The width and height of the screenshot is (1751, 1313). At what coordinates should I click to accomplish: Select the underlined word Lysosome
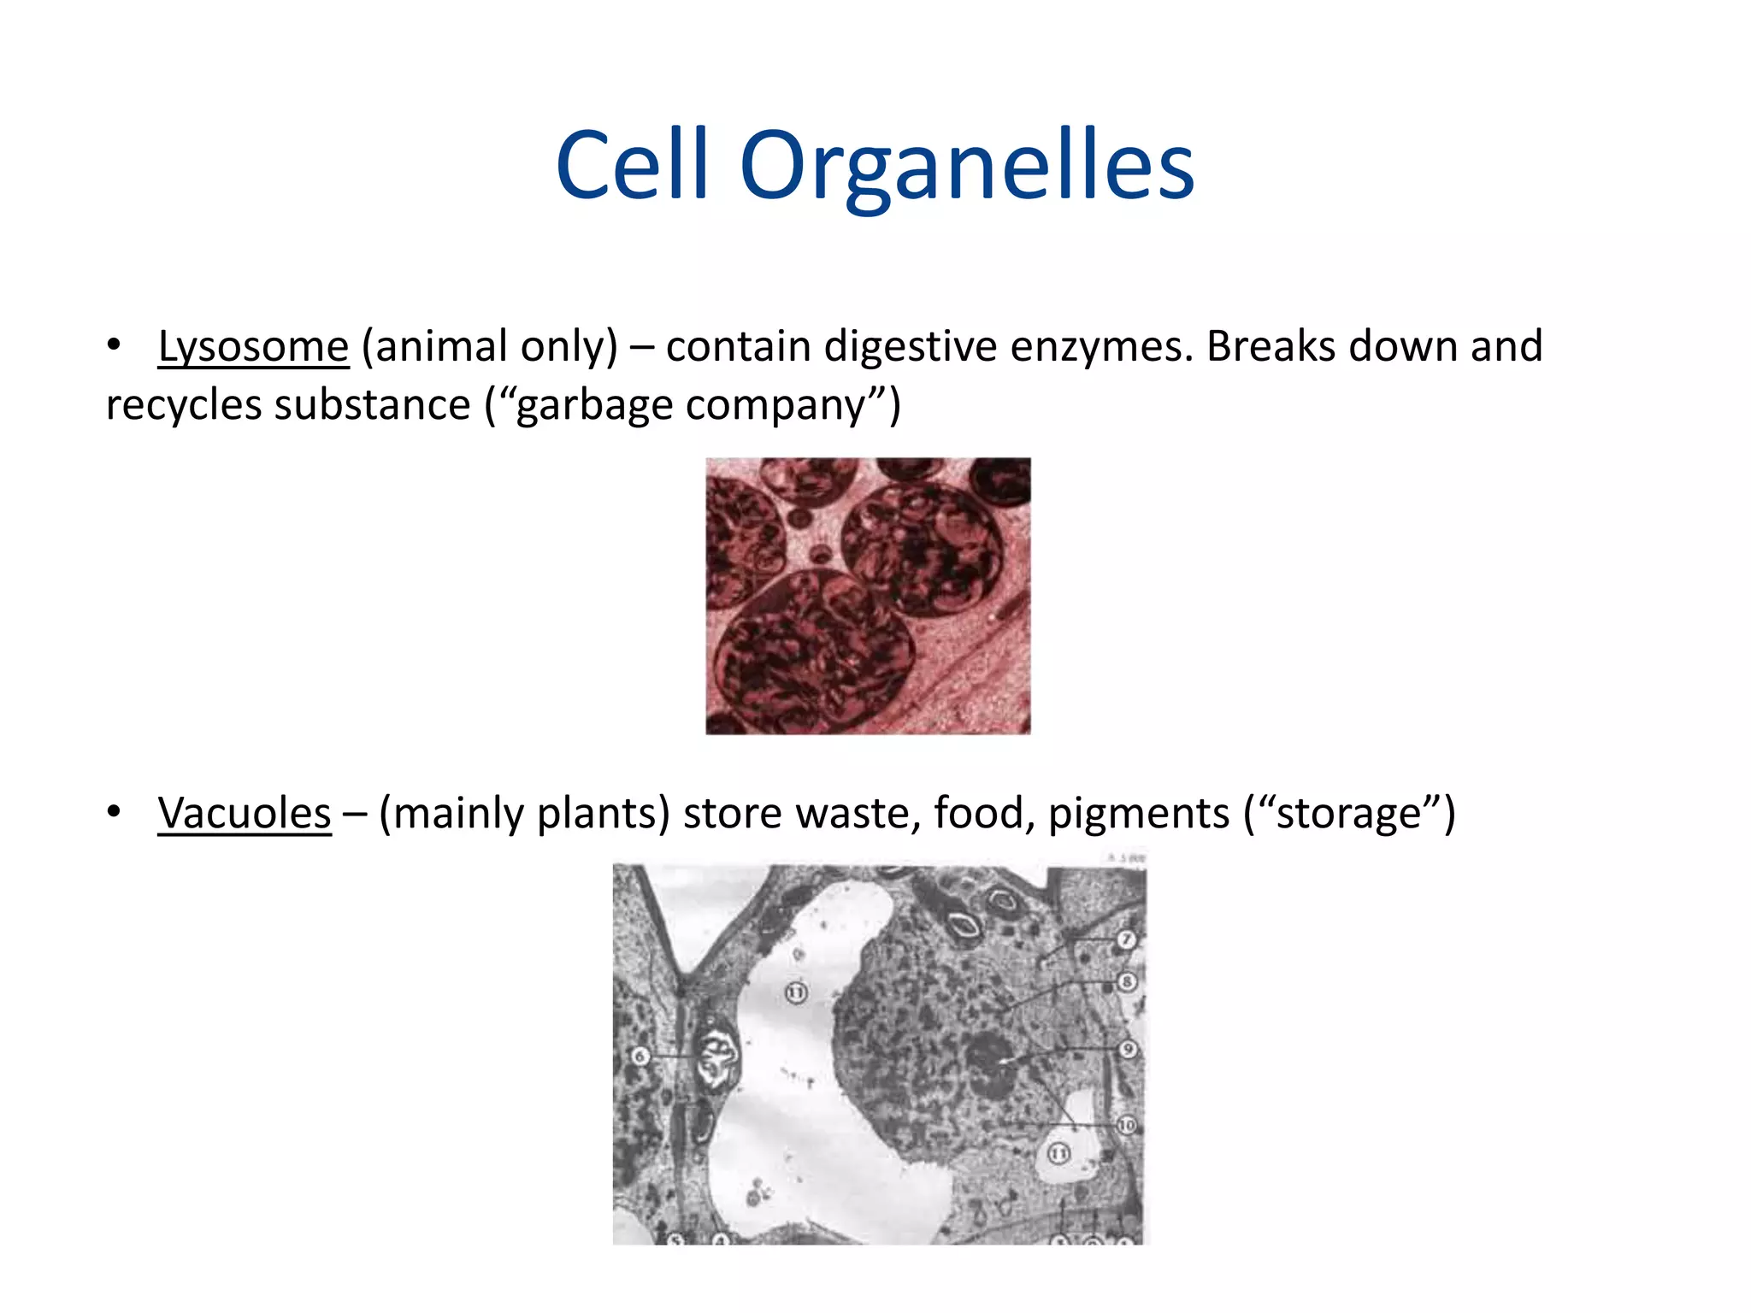[253, 347]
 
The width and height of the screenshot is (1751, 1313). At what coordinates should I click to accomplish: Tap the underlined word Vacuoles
[244, 813]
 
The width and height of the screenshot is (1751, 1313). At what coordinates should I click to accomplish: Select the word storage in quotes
[1347, 813]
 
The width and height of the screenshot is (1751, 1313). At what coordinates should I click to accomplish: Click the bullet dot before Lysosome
[114, 345]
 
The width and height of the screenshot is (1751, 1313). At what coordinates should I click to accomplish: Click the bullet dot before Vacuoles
[114, 812]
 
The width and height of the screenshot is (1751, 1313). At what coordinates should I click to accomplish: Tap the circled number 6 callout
[640, 1057]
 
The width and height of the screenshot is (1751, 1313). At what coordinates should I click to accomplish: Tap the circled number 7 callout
[1126, 940]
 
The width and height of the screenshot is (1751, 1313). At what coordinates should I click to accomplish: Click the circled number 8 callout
[1127, 982]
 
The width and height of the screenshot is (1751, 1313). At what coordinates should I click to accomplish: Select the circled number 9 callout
[1129, 1049]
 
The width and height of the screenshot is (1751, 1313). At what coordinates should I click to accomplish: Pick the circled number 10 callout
[1127, 1125]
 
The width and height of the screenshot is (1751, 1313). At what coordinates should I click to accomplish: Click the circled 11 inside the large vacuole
[796, 992]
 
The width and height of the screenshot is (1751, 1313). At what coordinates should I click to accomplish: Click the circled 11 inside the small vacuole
[1059, 1154]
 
